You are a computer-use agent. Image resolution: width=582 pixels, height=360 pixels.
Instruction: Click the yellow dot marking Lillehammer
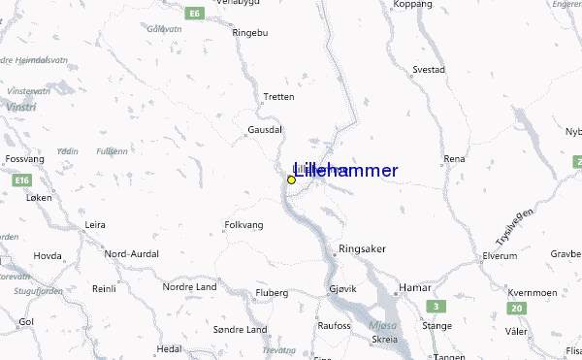coord(291,180)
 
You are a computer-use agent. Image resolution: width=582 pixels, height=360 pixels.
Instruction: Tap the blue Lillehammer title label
coord(344,171)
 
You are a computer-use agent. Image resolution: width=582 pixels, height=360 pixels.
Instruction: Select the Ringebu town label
coord(248,32)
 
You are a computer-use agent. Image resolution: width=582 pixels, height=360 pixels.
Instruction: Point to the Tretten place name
coord(278,96)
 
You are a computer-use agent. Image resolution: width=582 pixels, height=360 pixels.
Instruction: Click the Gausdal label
coord(265,128)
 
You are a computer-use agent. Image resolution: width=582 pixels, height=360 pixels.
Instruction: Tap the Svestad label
coord(429,70)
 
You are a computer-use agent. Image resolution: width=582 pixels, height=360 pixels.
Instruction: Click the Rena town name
coord(454,158)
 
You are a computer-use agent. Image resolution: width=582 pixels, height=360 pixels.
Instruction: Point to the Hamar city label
coord(416,288)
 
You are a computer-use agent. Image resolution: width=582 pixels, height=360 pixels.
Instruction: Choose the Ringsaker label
coord(362,248)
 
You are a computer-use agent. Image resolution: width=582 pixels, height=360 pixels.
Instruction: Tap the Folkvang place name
coord(244,224)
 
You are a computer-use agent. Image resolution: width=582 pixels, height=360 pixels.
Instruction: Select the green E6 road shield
coord(195,14)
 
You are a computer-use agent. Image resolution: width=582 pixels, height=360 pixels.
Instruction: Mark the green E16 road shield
coord(24,180)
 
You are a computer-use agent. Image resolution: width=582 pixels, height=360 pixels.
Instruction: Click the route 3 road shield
coord(437,307)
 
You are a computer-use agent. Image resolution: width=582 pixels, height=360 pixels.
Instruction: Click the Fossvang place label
coord(25,157)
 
